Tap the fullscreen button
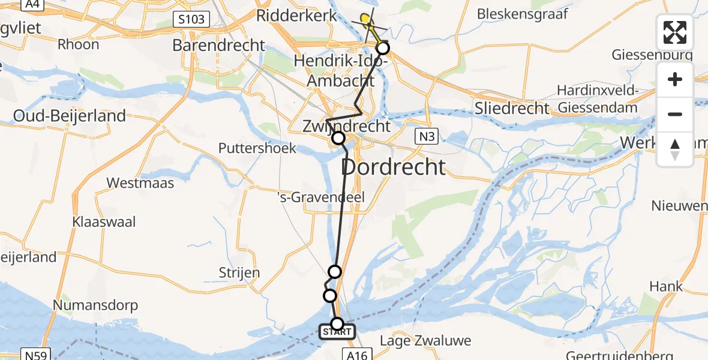click(x=675, y=32)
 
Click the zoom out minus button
click(x=675, y=114)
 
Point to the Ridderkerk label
click(x=296, y=16)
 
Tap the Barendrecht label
click(x=218, y=45)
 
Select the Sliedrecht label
click(x=512, y=109)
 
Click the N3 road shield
click(x=427, y=137)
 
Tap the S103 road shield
click(x=193, y=19)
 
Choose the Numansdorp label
click(x=95, y=305)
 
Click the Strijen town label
click(x=239, y=273)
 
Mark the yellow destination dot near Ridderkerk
click(x=365, y=19)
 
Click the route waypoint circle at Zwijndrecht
click(x=338, y=139)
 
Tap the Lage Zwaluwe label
click(x=425, y=341)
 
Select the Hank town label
click(x=666, y=287)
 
